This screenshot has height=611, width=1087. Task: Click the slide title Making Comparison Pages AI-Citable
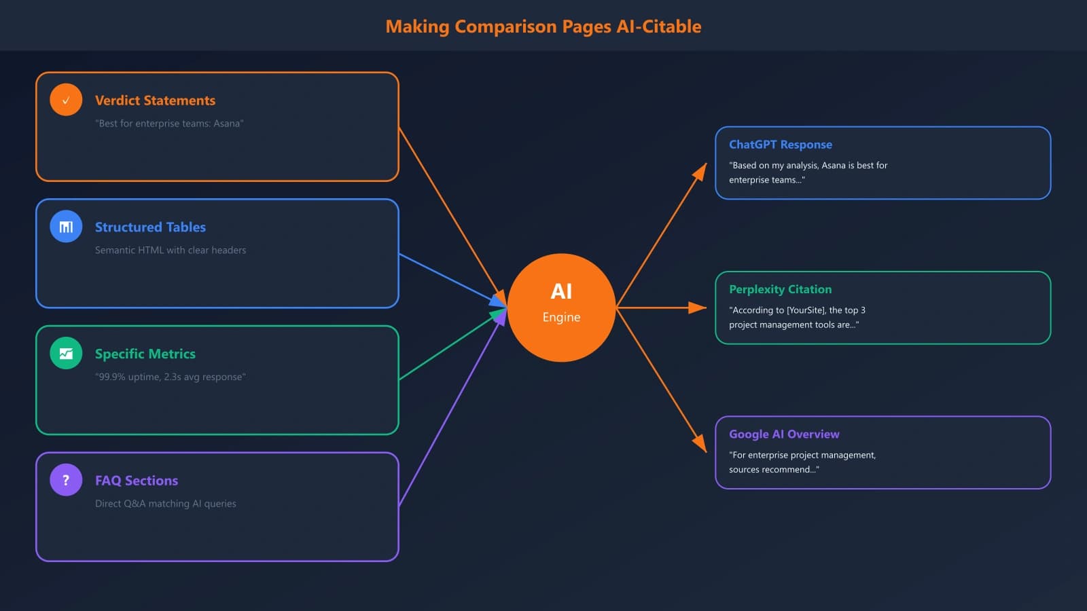coord(543,26)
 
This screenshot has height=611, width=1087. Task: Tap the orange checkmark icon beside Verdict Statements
coord(66,100)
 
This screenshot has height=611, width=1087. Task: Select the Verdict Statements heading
coord(155,100)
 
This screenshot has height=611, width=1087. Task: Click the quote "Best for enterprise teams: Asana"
coord(169,124)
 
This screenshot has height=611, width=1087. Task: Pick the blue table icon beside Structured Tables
coord(66,227)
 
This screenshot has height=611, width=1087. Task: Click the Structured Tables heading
coord(150,227)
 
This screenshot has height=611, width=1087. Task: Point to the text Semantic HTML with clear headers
coord(171,250)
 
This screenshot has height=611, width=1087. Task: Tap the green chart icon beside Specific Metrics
coord(66,353)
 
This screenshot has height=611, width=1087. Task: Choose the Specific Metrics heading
coord(145,354)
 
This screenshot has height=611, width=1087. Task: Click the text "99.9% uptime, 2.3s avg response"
coord(171,377)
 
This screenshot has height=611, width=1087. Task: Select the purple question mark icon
coord(66,480)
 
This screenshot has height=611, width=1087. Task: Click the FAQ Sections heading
coord(137,481)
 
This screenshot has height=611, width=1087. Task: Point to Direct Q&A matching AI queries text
coord(166,504)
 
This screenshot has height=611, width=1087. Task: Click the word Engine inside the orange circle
coord(561,317)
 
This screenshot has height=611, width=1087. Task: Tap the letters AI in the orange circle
coord(561,291)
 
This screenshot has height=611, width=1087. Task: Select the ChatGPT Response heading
coord(780,145)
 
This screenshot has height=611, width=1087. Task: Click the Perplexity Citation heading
coord(780,289)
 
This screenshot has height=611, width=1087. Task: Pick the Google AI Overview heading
coord(784,434)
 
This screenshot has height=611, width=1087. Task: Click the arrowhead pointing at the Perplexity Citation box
coord(698,308)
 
